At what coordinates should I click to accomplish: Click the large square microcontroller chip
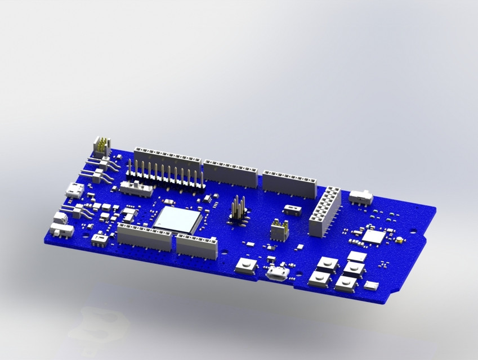(x=177, y=220)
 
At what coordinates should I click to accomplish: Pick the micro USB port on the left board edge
(x=74, y=190)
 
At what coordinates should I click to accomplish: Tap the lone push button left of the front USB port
(x=245, y=265)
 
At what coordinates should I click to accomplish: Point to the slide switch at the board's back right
(x=362, y=197)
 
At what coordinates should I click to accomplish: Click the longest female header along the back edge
(x=167, y=161)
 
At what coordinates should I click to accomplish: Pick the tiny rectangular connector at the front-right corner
(x=372, y=286)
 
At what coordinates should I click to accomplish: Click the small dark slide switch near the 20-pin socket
(x=292, y=210)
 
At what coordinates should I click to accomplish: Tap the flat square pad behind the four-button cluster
(x=357, y=256)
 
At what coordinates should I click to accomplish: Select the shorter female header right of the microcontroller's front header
(x=196, y=246)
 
